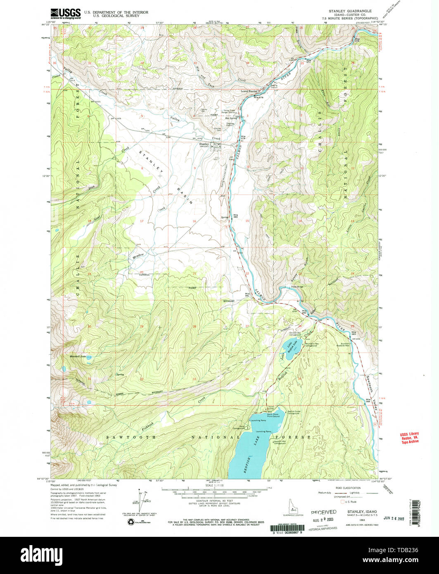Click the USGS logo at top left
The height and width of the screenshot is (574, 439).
pos(65,14)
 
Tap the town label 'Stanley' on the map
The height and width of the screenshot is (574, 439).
pos(204,144)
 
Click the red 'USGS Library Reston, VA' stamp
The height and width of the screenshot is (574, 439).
pos(409,438)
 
